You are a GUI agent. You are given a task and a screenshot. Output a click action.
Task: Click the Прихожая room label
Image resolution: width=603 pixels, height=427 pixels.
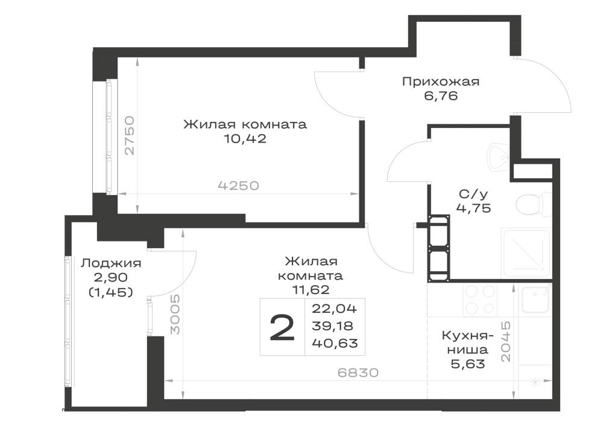(441, 82)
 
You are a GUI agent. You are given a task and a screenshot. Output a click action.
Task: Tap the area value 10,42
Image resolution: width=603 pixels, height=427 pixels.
(245, 139)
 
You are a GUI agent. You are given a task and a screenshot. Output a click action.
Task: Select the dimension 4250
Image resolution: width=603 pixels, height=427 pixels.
(238, 185)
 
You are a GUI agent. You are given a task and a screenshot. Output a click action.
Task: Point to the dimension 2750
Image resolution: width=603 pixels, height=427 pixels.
(130, 135)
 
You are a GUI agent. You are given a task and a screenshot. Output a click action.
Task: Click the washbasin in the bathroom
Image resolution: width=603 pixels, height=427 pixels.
(499, 158)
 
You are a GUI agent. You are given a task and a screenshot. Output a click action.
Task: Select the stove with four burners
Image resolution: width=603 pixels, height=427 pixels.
(479, 300)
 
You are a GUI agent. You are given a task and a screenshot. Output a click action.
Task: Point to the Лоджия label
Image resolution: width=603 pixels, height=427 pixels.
(111, 263)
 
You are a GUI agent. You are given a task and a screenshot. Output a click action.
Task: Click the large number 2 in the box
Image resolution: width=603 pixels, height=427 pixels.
(282, 327)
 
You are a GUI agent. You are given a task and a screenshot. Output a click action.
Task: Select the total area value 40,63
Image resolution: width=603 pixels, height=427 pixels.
(335, 342)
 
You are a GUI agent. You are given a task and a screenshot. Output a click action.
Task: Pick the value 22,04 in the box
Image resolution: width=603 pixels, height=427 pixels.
(335, 309)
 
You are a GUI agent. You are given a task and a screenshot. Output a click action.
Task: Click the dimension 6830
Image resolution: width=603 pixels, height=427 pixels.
(358, 372)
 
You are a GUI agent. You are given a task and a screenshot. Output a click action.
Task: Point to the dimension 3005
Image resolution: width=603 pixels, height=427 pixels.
(175, 314)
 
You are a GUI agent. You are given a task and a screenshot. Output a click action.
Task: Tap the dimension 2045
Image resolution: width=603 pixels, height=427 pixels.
(506, 341)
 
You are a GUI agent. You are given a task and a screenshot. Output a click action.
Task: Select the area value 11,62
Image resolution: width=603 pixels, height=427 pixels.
(311, 289)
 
